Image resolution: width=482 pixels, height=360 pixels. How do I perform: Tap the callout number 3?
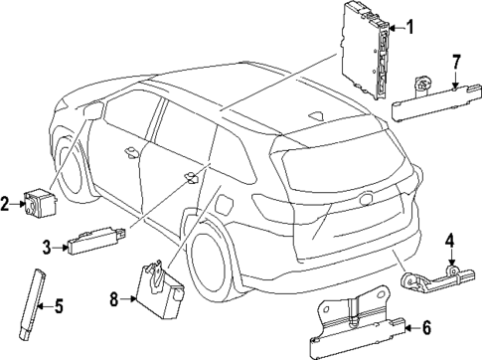47,245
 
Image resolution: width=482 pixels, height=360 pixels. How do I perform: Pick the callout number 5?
58,305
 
